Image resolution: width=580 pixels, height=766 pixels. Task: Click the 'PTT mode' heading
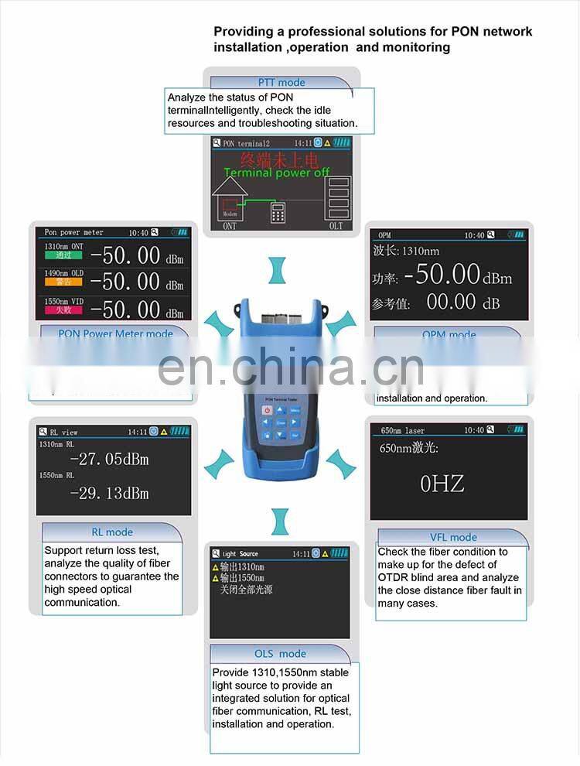[281, 83]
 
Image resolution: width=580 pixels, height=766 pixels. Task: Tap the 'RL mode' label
[112, 532]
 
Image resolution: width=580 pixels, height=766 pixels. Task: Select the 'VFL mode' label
[452, 537]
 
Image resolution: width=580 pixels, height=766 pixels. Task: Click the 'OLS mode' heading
[280, 654]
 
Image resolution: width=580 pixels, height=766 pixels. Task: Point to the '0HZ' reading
[442, 484]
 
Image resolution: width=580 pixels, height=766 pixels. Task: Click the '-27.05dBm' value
[114, 459]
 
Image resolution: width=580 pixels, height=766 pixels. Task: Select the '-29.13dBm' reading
[114, 493]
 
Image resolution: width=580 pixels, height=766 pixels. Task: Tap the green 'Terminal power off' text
[277, 173]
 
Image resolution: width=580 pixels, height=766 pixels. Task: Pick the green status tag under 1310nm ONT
[63, 255]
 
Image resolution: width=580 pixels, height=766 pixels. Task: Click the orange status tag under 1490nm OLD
[63, 282]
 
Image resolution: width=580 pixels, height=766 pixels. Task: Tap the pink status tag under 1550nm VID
[63, 309]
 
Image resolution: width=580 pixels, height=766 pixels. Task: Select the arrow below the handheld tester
[280, 520]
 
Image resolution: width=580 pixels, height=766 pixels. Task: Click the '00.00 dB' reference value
[462, 302]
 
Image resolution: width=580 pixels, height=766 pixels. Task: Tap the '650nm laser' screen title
[403, 430]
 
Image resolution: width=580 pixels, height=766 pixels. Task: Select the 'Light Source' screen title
[241, 554]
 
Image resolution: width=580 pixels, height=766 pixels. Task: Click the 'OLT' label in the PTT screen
[336, 226]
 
